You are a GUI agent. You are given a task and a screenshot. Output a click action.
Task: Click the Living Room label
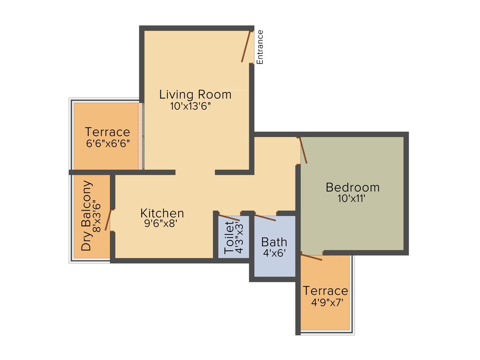tap(195, 94)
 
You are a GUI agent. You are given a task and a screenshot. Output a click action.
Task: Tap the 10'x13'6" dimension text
tap(191, 106)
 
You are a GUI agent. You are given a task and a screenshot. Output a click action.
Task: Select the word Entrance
tap(260, 47)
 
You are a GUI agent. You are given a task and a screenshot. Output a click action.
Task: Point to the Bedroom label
tap(352, 187)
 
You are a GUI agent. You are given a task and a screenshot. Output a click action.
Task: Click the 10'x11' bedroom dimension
tap(352, 198)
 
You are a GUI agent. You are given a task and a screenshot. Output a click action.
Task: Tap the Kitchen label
tap(162, 213)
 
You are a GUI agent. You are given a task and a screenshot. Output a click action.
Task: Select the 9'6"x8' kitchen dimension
tap(161, 224)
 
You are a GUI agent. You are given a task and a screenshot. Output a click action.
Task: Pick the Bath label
tap(274, 242)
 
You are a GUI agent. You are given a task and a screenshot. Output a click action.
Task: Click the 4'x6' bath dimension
tap(274, 253)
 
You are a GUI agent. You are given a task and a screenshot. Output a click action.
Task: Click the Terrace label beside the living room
tap(107, 132)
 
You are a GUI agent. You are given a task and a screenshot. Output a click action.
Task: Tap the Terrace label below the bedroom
tap(325, 291)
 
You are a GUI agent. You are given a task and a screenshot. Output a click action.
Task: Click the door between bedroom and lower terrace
tap(312, 256)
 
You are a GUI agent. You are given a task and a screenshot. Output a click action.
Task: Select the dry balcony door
tap(109, 220)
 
